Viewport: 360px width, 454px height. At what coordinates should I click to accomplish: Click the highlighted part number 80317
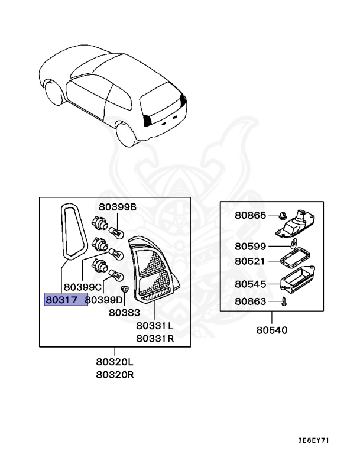[x=61, y=300]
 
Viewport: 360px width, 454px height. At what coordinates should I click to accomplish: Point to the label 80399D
[x=104, y=300]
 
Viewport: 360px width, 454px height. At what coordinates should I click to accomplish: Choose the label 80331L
[x=154, y=326]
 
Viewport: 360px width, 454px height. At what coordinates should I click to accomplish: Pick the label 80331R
[x=154, y=338]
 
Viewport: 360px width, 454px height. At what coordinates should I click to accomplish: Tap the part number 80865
[x=250, y=216]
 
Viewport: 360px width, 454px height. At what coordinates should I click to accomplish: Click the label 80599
[x=250, y=246]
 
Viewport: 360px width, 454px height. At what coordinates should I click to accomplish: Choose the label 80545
[x=250, y=284]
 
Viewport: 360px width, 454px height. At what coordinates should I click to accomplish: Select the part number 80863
[x=250, y=301]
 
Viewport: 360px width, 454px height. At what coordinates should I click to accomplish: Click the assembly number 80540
[x=272, y=330]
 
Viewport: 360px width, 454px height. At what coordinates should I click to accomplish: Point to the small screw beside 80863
[x=283, y=302]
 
